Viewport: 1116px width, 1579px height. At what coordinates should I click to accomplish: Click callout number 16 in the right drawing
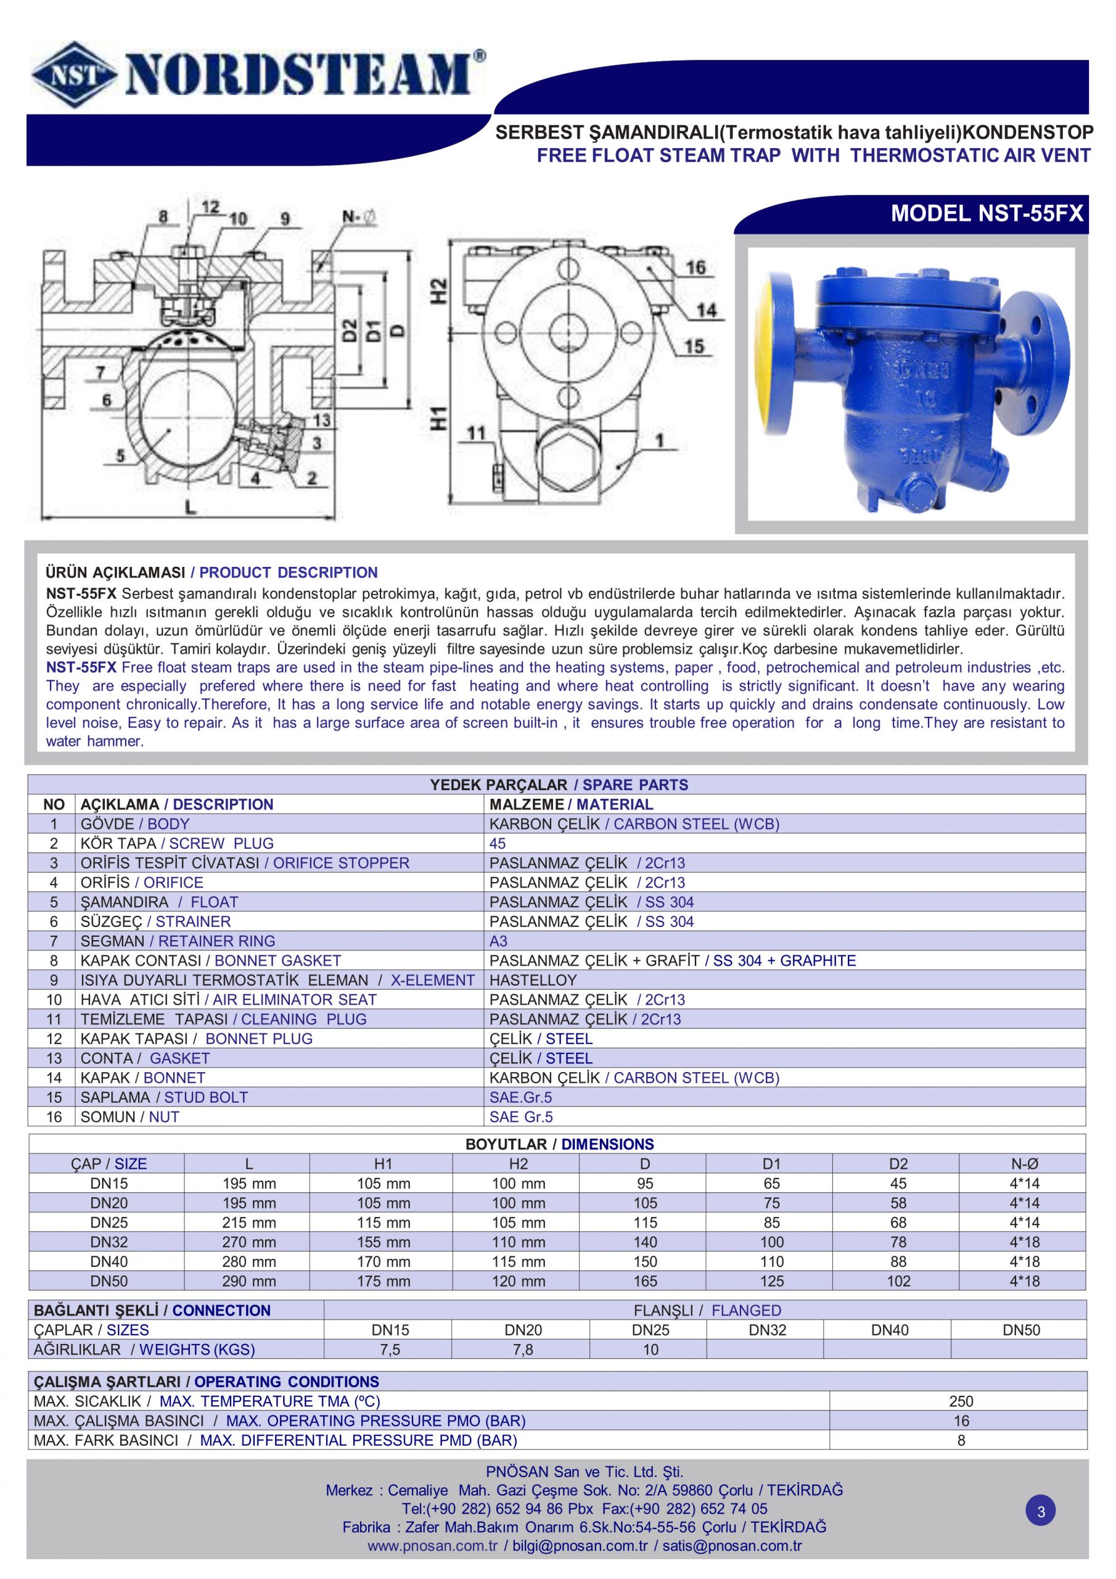click(x=695, y=268)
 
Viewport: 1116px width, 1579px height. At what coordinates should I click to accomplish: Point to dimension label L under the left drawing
click(x=190, y=507)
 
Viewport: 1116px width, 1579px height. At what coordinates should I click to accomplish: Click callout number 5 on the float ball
click(x=121, y=455)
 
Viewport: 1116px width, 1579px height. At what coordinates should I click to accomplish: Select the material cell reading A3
click(x=498, y=941)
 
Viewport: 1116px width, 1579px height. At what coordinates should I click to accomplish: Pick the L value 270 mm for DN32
click(x=248, y=1242)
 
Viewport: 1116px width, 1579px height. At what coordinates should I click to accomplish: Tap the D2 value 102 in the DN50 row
click(x=898, y=1281)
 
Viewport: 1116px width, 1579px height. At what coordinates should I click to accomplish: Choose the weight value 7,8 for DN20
click(x=523, y=1350)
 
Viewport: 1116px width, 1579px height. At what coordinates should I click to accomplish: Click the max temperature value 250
click(x=961, y=1401)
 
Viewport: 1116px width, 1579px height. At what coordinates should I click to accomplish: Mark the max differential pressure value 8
click(x=961, y=1440)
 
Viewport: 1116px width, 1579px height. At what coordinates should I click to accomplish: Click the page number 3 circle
click(x=1040, y=1512)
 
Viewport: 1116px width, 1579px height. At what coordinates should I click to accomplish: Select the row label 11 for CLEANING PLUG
click(x=54, y=1019)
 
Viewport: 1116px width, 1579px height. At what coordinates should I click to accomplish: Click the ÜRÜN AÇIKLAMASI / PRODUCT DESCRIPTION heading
click(x=211, y=572)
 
